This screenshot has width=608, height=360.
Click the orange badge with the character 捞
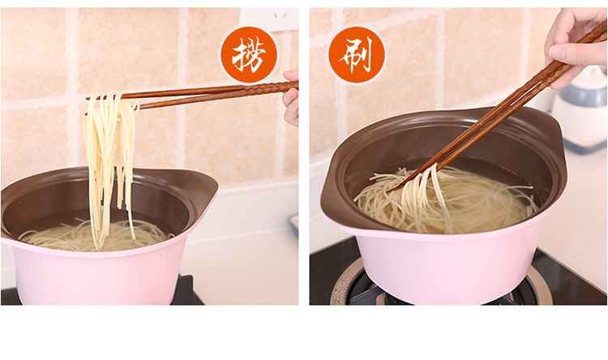pyautogui.click(x=249, y=54)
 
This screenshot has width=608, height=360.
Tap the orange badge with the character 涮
pyautogui.click(x=357, y=54)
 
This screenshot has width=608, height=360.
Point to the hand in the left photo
pyautogui.click(x=291, y=99)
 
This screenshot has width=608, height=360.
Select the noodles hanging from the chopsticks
pyautogui.click(x=110, y=163)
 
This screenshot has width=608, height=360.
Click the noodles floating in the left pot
pyautogui.click(x=93, y=235)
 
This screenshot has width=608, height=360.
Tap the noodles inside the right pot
pyautogui.click(x=446, y=202)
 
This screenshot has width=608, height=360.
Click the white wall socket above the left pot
pyautogui.click(x=268, y=19)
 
